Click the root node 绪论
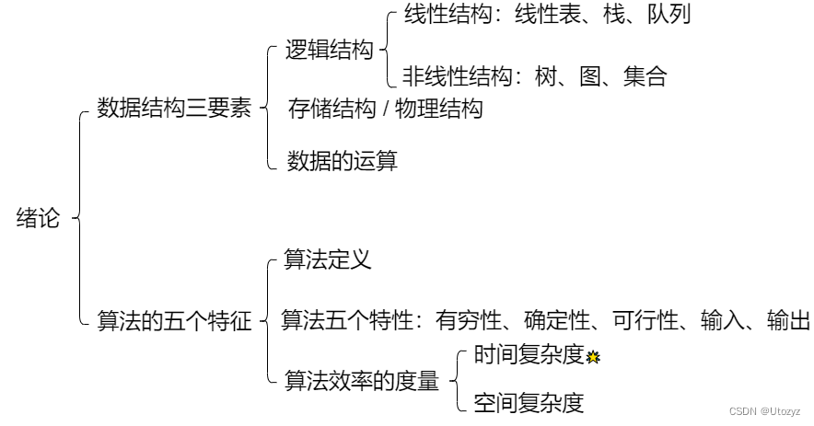38,218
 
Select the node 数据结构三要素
174,108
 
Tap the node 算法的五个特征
174,320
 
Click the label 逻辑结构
329,50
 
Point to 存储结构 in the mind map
332,109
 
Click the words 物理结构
438,109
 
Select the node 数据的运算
343,160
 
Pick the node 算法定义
328,259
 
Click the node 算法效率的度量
362,380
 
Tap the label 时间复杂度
529,354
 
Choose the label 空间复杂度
529,403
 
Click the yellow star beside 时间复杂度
593,357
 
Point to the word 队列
669,13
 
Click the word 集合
645,76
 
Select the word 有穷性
469,320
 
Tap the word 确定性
557,320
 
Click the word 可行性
645,320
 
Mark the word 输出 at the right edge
789,320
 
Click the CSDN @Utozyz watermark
764,411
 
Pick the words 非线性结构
458,76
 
